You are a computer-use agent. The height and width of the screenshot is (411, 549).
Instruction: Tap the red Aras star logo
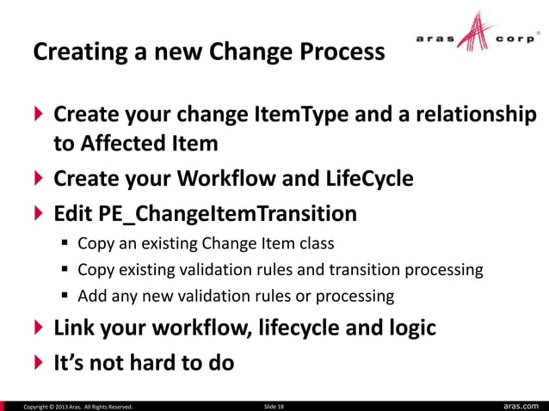click(x=476, y=36)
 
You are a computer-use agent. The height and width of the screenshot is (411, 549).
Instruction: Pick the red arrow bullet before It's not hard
click(x=39, y=363)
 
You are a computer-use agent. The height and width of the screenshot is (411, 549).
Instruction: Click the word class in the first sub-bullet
click(x=314, y=243)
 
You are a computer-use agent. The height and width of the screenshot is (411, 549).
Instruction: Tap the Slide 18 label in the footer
click(x=272, y=405)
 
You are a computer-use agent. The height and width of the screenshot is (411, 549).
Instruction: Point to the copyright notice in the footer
click(x=77, y=405)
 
